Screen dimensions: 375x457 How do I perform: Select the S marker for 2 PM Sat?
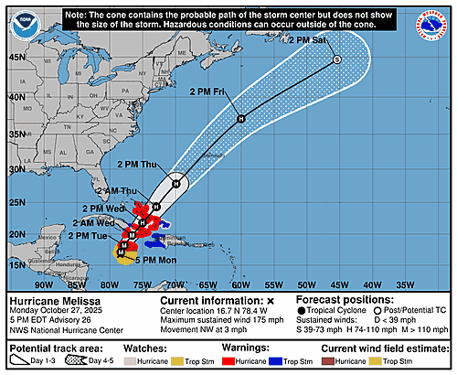(336, 59)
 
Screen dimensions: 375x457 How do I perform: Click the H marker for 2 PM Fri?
(241, 118)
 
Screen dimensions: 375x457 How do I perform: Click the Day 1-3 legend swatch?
(25, 363)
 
